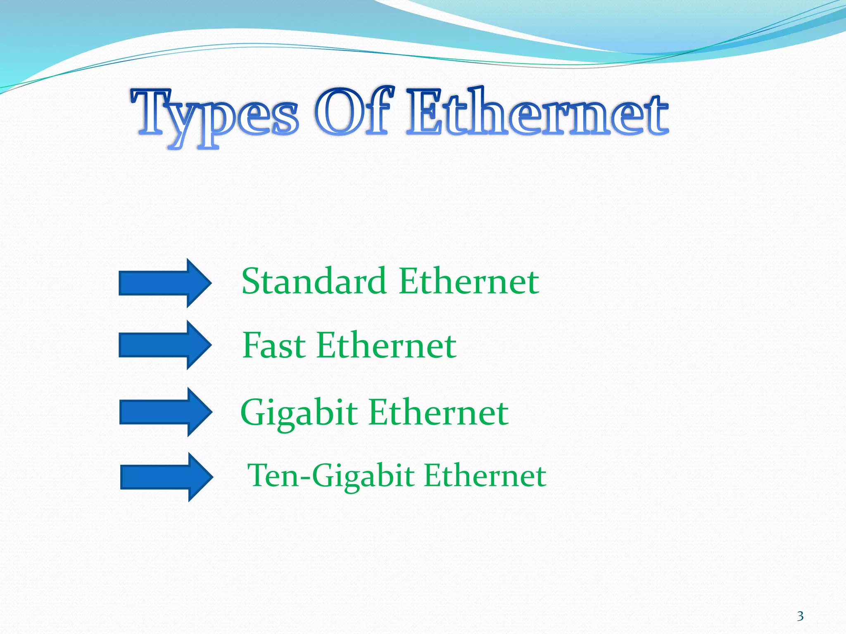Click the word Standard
314,281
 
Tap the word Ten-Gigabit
330,475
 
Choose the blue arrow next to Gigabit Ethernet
165,412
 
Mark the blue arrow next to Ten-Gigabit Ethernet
166,477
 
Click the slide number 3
800,616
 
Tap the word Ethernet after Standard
469,281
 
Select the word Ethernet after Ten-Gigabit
485,475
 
